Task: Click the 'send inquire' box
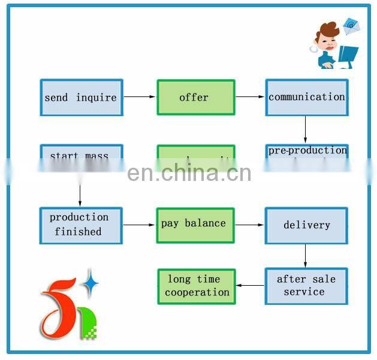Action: tap(81, 98)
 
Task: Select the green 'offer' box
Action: tap(195, 98)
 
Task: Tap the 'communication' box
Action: tap(306, 97)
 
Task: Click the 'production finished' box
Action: tap(81, 225)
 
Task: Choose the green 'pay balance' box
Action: tap(195, 224)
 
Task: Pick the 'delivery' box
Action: tap(306, 225)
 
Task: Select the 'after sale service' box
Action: tap(306, 286)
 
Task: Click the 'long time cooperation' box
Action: tap(196, 286)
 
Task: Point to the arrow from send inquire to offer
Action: tap(140, 97)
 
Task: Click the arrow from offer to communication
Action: tap(250, 97)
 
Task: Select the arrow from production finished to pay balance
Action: tap(139, 225)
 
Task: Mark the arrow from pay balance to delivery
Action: tap(249, 225)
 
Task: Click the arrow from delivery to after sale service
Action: tap(305, 256)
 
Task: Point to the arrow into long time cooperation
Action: tap(250, 286)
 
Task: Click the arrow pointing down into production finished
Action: tap(80, 195)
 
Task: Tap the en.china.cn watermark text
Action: tap(189, 173)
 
